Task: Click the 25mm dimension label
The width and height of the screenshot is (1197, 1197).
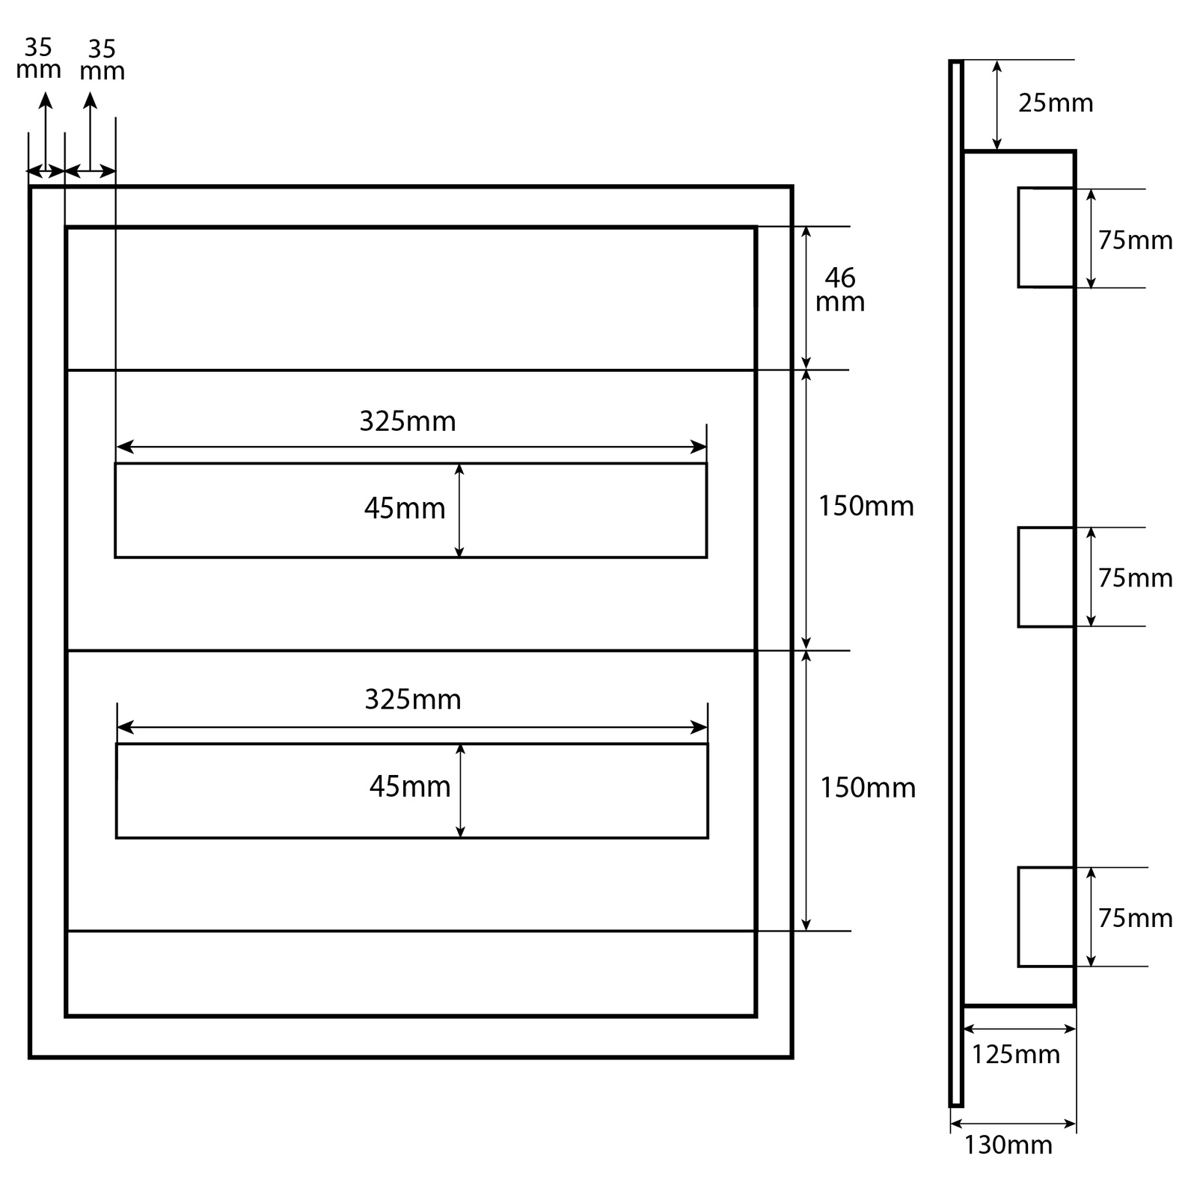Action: click(x=1055, y=102)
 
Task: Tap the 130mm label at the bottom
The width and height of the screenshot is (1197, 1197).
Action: click(x=1008, y=1145)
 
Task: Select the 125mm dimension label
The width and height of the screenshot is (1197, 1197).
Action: click(x=1015, y=1054)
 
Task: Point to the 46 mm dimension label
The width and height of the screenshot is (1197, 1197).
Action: click(x=840, y=290)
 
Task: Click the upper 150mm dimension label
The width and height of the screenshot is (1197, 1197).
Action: click(x=866, y=506)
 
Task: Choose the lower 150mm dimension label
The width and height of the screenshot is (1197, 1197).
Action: click(x=867, y=788)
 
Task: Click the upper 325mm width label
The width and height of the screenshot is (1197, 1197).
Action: click(x=407, y=421)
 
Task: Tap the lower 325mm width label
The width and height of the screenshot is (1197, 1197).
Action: click(x=412, y=699)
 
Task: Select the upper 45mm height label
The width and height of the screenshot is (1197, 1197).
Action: click(x=404, y=509)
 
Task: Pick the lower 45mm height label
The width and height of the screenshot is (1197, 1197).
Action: click(x=409, y=786)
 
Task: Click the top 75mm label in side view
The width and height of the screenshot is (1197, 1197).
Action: click(x=1135, y=240)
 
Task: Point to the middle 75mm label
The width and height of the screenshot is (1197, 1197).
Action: click(x=1135, y=578)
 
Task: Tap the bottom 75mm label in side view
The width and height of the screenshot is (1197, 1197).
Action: click(x=1135, y=918)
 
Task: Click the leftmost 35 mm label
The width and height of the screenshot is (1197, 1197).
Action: click(x=38, y=58)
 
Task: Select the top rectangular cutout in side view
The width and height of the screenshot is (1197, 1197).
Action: click(x=1046, y=237)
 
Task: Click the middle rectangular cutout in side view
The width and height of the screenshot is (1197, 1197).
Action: click(x=1046, y=577)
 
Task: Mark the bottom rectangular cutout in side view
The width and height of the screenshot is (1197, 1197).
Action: click(x=1046, y=916)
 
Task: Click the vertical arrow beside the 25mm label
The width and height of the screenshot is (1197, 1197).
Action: click(x=997, y=105)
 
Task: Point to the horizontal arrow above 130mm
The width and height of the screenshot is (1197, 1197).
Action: click(x=1013, y=1124)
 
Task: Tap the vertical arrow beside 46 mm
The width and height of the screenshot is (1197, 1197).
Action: click(x=806, y=297)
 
